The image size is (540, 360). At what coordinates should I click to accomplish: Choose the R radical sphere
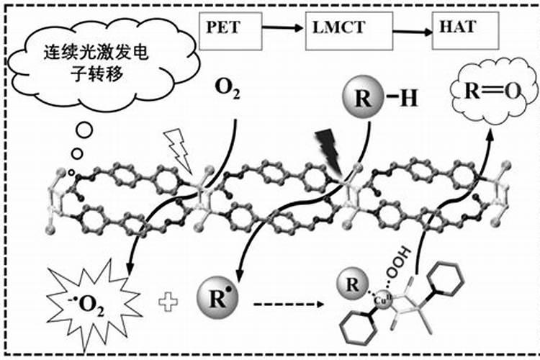(x=216, y=294)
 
